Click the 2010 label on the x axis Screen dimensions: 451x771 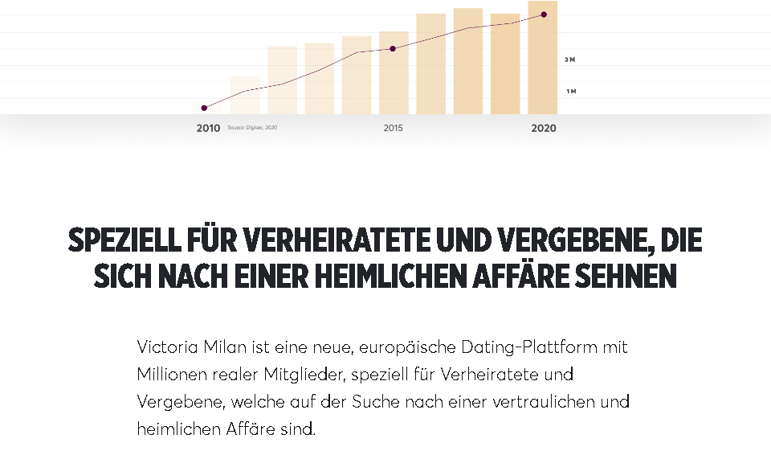pyautogui.click(x=208, y=129)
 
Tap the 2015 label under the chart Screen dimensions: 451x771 pyautogui.click(x=393, y=129)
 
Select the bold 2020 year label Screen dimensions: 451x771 pyautogui.click(x=543, y=129)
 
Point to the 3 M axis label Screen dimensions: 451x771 pyautogui.click(x=570, y=60)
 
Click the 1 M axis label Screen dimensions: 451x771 pyautogui.click(x=570, y=92)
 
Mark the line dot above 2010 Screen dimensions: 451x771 pyautogui.click(x=204, y=108)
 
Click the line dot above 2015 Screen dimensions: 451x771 pyautogui.click(x=393, y=49)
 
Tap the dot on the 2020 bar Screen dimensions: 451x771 pyautogui.click(x=544, y=14)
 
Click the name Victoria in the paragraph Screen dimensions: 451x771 pyautogui.click(x=165, y=347)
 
